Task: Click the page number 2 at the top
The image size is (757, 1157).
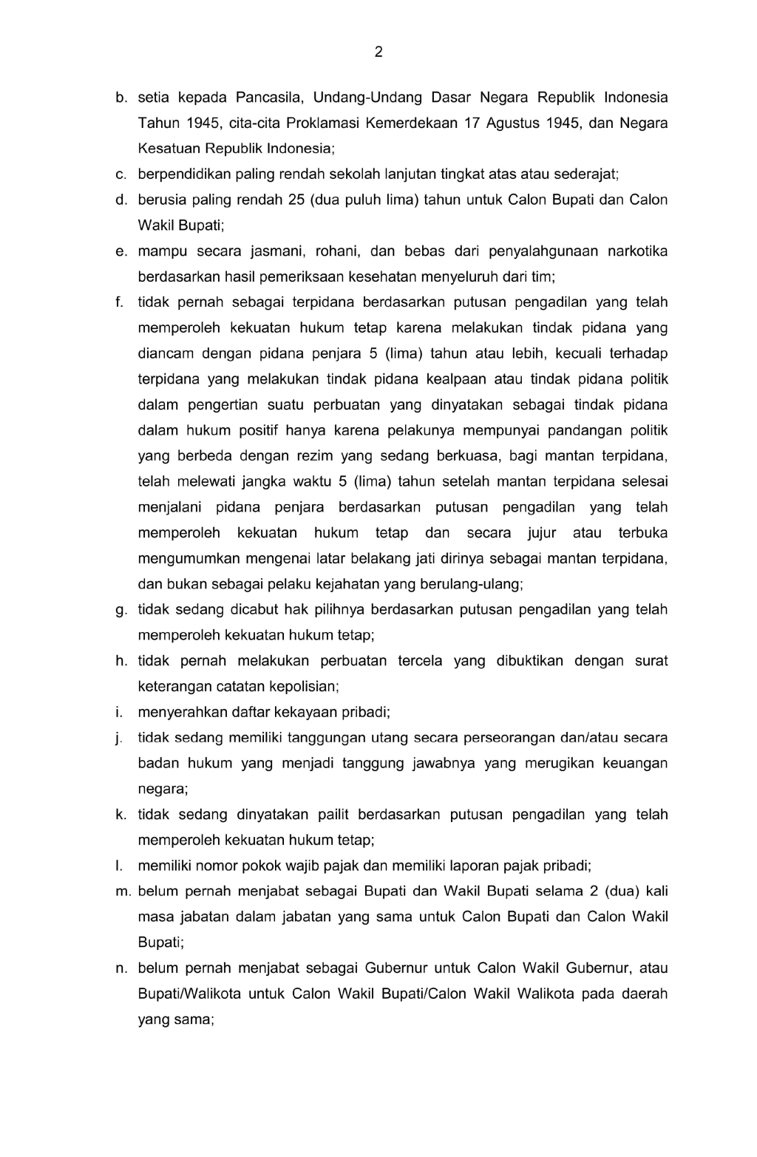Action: [378, 52]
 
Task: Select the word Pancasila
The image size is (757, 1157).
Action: [271, 98]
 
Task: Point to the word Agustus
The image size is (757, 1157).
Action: [513, 123]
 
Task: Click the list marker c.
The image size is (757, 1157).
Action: [120, 174]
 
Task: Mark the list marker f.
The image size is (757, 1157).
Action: [118, 302]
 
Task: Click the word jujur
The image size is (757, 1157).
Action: [542, 533]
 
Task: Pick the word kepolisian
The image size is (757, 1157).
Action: [305, 687]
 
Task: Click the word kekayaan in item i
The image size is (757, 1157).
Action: [287, 713]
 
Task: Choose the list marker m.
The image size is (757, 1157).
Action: [122, 892]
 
